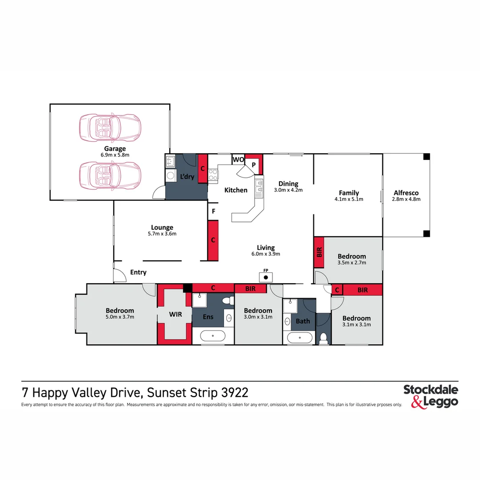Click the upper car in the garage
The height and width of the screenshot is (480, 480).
(x=110, y=127)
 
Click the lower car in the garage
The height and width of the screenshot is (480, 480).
(x=110, y=175)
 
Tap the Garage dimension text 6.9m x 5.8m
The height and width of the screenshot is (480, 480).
(x=115, y=155)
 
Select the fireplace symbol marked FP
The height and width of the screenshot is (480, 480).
(x=266, y=277)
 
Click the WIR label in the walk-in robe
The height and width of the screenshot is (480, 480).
(x=176, y=314)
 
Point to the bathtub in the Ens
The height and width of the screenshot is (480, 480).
(x=213, y=336)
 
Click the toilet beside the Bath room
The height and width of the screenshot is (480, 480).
(x=324, y=338)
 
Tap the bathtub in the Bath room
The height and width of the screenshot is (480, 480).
(x=300, y=337)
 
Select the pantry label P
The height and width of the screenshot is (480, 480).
(x=254, y=164)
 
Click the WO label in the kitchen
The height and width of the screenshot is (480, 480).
(x=238, y=160)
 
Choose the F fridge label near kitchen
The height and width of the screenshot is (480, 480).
(x=213, y=212)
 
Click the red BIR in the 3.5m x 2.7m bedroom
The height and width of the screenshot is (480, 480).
(x=319, y=252)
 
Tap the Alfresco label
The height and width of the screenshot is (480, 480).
(x=406, y=193)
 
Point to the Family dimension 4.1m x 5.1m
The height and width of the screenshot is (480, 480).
(x=348, y=199)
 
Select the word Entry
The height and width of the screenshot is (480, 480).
(x=138, y=272)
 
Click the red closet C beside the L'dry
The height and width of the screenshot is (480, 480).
(x=203, y=168)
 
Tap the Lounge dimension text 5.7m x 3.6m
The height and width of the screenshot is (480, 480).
(x=162, y=234)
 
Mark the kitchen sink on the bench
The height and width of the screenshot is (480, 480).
(x=259, y=189)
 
